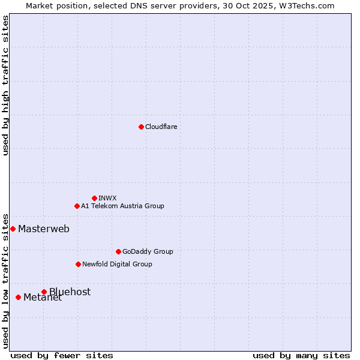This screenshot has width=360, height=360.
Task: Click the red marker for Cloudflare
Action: click(x=141, y=127)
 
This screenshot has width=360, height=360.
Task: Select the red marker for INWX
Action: click(x=94, y=198)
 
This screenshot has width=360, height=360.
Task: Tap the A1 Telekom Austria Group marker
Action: click(x=77, y=206)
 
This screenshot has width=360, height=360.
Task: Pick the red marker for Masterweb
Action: click(x=13, y=229)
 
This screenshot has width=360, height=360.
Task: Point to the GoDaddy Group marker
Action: click(x=118, y=251)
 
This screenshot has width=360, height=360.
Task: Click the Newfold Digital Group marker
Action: click(x=78, y=264)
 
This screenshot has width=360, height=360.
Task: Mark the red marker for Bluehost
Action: click(x=44, y=292)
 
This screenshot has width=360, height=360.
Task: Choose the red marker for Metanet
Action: click(x=18, y=297)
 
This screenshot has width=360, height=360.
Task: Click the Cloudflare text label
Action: click(x=161, y=127)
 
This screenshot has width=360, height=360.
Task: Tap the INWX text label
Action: click(x=107, y=198)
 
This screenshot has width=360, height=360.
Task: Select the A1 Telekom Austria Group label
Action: click(x=122, y=206)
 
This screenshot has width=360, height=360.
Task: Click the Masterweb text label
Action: click(x=44, y=229)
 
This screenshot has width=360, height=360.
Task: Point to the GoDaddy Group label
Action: click(x=148, y=251)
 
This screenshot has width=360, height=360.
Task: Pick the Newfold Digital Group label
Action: click(x=117, y=264)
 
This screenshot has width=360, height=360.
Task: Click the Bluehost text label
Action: click(x=70, y=292)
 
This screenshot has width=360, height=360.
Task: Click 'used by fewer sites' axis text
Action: click(x=62, y=355)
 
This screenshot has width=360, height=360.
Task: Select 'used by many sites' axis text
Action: click(x=301, y=355)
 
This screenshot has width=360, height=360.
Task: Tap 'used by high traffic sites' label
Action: click(x=6, y=85)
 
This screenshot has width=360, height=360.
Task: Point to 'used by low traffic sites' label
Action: click(x=6, y=280)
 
